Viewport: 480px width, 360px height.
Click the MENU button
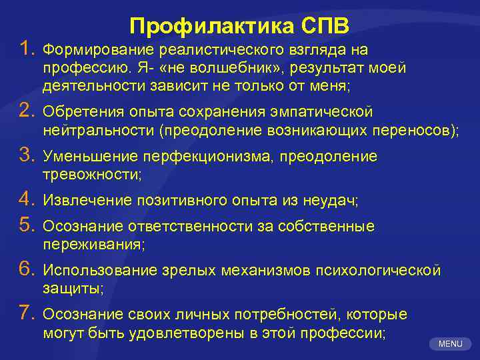tap(451, 344)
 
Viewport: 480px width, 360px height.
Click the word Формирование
tap(97, 50)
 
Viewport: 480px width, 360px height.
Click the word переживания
tap(93, 245)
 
